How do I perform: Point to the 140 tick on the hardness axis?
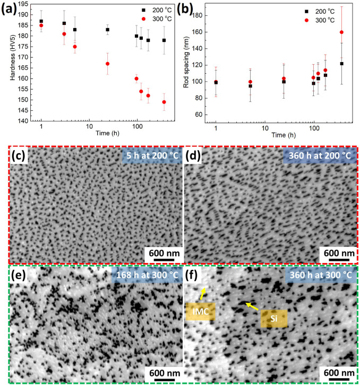[x=27, y=121]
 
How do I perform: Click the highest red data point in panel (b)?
[x=341, y=32]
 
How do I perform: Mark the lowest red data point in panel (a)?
[x=164, y=102]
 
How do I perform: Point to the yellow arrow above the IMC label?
[x=202, y=292]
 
